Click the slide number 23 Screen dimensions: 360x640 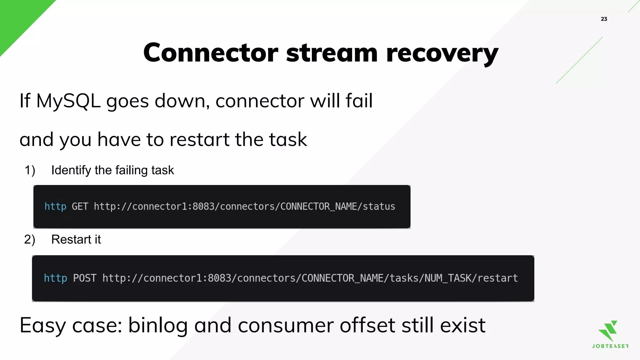click(604, 19)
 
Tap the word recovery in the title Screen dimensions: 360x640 click(442, 54)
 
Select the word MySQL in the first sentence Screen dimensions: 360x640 click(68, 102)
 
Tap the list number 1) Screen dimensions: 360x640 click(30, 170)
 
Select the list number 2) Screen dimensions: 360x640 click(30, 240)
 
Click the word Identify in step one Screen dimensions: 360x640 click(71, 170)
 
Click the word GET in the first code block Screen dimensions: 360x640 click(80, 207)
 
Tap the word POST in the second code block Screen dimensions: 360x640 click(84, 278)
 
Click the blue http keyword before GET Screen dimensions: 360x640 click(55, 207)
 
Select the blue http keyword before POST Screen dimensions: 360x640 click(55, 278)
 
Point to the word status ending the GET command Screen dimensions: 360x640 click(379, 207)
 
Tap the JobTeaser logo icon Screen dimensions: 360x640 click(609, 331)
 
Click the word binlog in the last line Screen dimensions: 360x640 click(158, 326)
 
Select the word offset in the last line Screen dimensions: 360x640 click(367, 326)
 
